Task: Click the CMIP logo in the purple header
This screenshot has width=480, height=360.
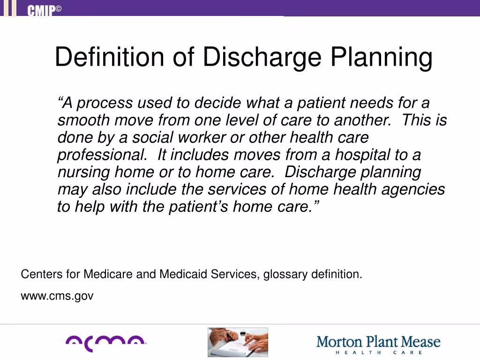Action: coord(44,10)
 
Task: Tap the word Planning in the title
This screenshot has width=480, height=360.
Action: coord(381,57)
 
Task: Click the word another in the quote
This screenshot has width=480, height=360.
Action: coord(362,120)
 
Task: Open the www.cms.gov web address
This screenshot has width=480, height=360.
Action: coord(57,296)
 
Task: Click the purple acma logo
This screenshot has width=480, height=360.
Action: coord(105,343)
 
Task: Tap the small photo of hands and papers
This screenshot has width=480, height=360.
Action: coord(238,342)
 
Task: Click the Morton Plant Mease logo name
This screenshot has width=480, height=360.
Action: coord(378,341)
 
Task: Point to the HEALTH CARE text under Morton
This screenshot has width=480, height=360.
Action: coord(378,352)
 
